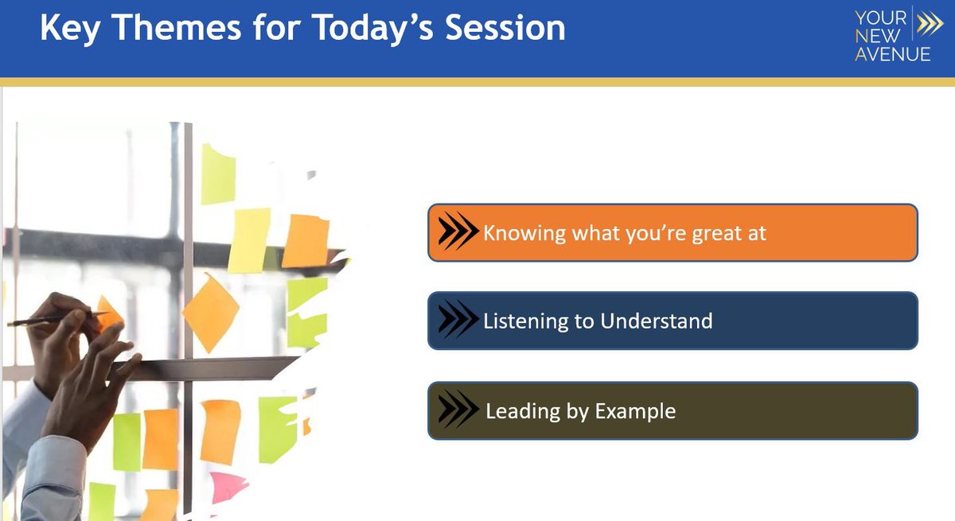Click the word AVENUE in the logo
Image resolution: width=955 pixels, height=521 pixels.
pyautogui.click(x=892, y=55)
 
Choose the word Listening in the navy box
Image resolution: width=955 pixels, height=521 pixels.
pyautogui.click(x=525, y=321)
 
